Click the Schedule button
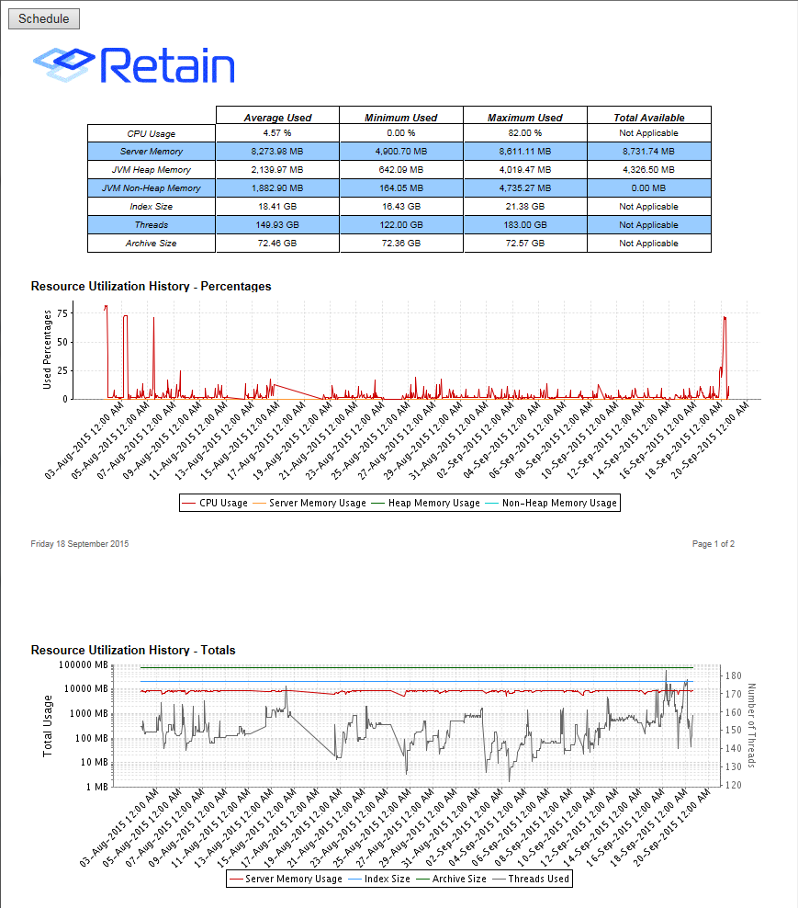[44, 18]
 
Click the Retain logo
[134, 64]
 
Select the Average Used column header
[277, 118]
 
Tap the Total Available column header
[648, 118]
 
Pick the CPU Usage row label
[152, 134]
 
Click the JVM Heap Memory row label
[152, 170]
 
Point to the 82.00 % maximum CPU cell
[525, 133]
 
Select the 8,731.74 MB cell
[648, 152]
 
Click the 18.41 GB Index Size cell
[277, 207]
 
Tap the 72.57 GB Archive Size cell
[525, 244]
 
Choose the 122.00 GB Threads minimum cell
[400, 225]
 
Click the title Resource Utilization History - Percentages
[151, 286]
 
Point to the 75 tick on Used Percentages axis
[62, 312]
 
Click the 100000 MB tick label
[83, 664]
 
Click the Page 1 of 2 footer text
[714, 544]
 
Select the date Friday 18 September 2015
[80, 544]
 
